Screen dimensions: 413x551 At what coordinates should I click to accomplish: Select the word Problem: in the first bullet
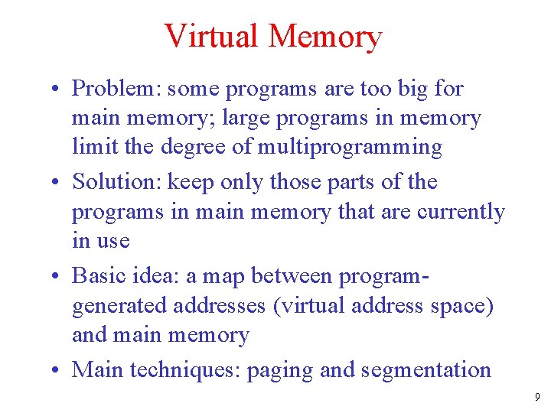point(116,89)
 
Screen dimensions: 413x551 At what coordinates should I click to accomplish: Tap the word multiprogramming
point(350,147)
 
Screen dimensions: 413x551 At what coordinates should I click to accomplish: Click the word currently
point(461,211)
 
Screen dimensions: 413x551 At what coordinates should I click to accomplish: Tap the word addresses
point(220,306)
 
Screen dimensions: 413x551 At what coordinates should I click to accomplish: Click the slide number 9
point(537,397)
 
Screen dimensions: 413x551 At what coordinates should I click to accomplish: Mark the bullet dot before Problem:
point(57,89)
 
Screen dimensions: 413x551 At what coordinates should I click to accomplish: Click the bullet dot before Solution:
point(57,183)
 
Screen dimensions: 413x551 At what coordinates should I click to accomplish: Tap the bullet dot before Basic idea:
point(57,277)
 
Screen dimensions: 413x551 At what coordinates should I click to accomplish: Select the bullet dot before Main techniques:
point(57,371)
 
